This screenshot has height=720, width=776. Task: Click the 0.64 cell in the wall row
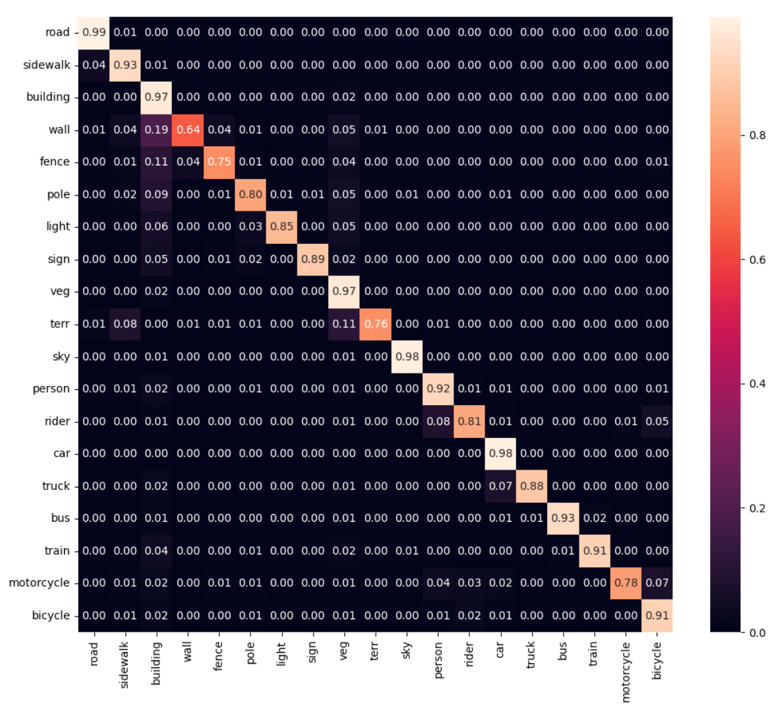click(188, 130)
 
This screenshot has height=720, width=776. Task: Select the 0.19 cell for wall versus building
click(156, 130)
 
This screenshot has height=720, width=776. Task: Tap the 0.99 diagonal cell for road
click(94, 32)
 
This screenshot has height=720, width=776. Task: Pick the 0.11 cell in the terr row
click(344, 324)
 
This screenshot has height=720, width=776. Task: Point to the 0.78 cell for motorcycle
click(626, 583)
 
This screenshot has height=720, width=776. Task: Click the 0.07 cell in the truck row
click(500, 486)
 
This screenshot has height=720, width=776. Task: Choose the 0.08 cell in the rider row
click(438, 421)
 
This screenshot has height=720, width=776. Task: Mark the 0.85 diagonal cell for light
click(282, 227)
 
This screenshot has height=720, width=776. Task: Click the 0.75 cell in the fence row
click(219, 162)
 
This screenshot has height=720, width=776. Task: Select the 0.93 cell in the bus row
click(563, 518)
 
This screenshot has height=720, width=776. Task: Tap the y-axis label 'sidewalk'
click(46, 65)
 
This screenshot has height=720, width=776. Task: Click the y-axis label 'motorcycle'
click(39, 583)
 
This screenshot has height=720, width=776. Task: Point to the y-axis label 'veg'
click(60, 291)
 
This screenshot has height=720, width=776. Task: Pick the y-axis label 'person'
click(51, 389)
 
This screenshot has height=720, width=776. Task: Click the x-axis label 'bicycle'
click(657, 661)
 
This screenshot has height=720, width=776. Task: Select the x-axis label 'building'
click(156, 664)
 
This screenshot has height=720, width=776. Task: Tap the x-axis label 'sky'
click(407, 650)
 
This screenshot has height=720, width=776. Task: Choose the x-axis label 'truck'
click(531, 655)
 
